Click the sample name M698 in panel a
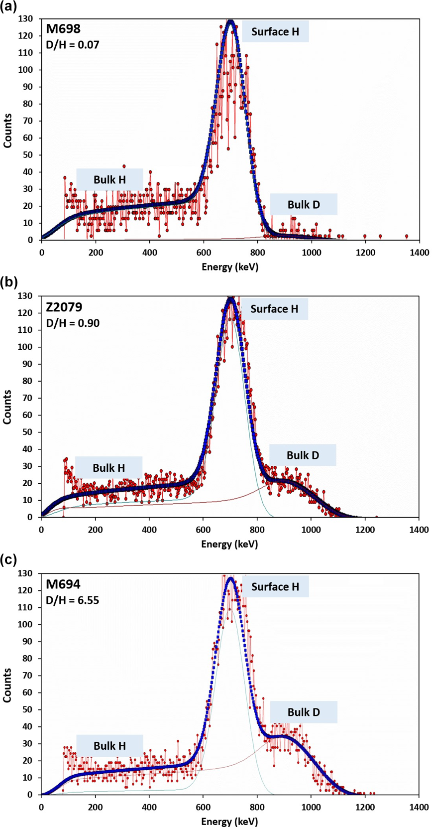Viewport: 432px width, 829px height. (63, 29)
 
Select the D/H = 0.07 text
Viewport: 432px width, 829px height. (73, 45)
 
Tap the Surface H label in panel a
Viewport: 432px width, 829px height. (275, 32)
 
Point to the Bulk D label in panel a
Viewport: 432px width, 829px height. (304, 205)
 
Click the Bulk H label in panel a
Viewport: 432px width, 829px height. (109, 179)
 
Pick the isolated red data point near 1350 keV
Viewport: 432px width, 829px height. (407, 236)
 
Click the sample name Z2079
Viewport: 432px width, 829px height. (64, 307)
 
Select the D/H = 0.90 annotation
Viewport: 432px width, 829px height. (73, 323)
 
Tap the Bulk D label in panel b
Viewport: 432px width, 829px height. (303, 455)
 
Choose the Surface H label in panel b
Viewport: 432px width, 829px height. (274, 309)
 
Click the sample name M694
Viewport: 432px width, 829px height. (63, 584)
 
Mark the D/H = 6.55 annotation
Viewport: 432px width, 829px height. (73, 600)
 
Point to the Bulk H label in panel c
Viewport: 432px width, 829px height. (109, 746)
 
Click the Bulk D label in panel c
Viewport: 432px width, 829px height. (304, 712)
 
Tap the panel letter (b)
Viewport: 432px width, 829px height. (9, 282)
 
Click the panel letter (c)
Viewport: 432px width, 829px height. (9, 559)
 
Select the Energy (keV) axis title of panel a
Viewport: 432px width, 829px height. (230, 267)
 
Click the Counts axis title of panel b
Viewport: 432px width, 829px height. (7, 407)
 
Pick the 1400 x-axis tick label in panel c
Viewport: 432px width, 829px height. (419, 807)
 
